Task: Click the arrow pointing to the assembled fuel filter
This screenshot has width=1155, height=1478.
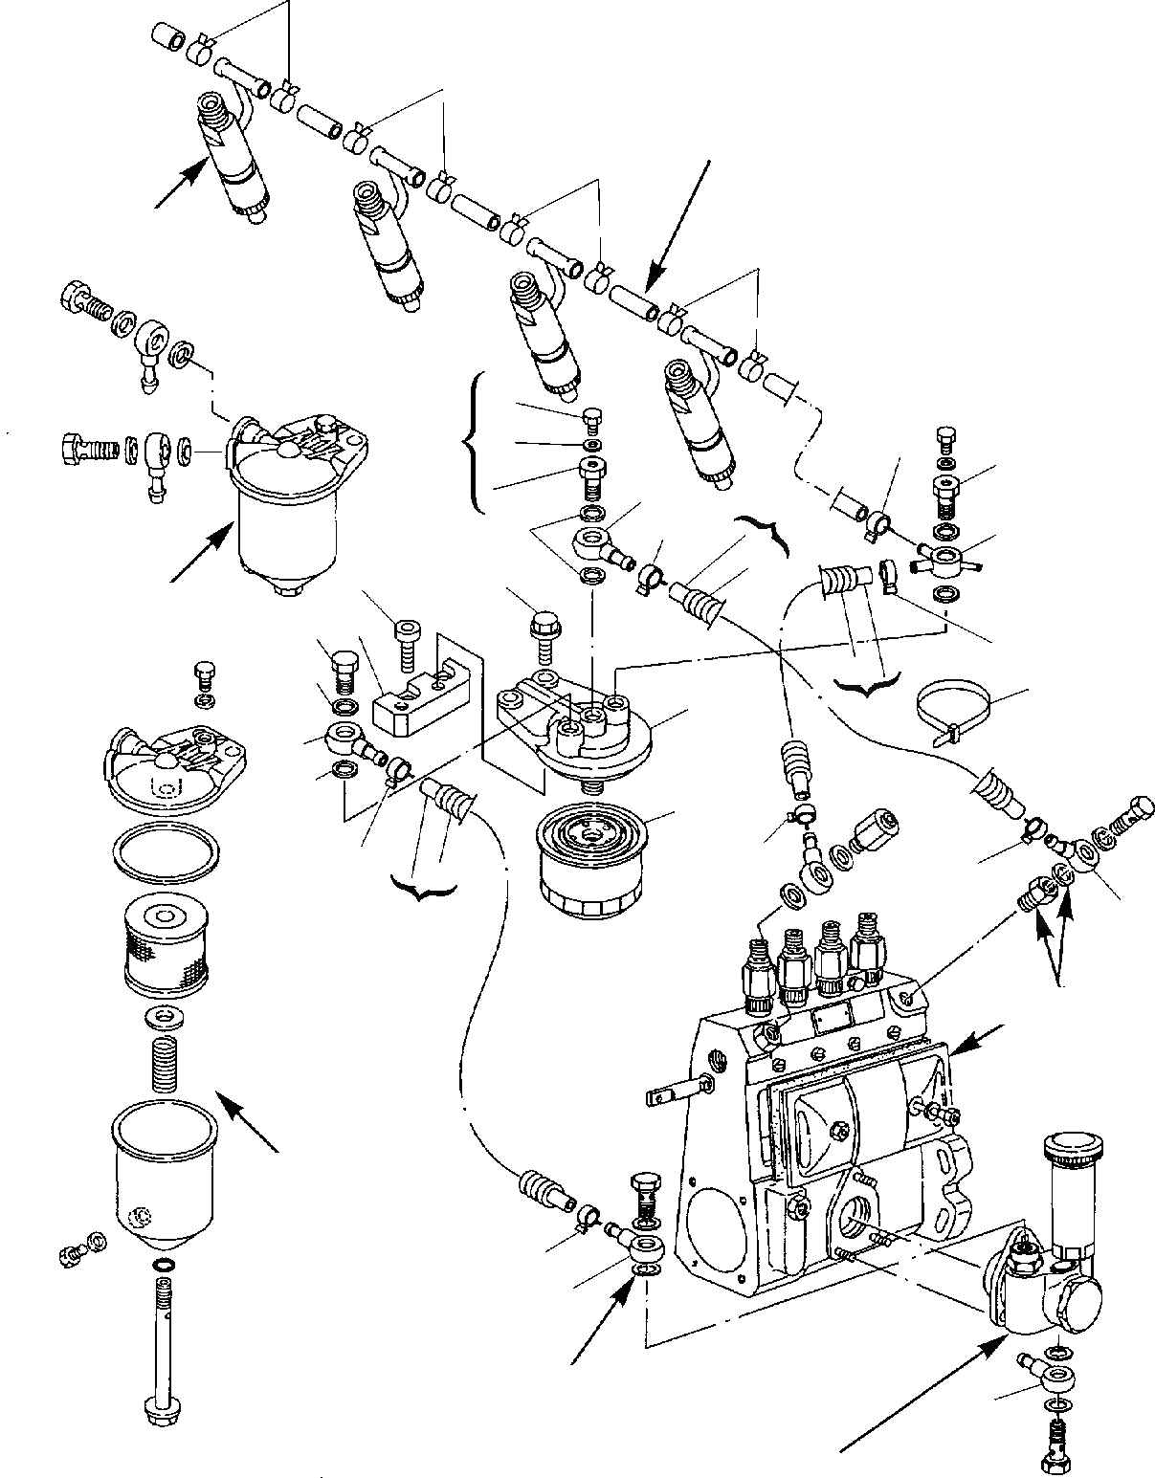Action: [200, 554]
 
